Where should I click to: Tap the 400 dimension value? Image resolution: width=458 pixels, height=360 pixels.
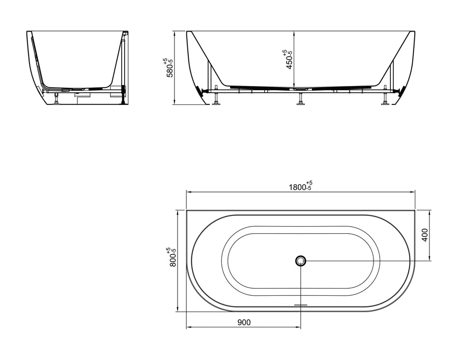[425, 235]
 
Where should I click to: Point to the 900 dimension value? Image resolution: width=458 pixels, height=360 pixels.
[244, 322]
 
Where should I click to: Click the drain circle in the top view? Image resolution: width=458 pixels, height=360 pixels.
[300, 260]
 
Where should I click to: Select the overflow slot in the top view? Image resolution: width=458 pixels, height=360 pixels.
[300, 305]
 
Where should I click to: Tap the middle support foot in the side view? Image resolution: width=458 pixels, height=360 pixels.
[300, 99]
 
